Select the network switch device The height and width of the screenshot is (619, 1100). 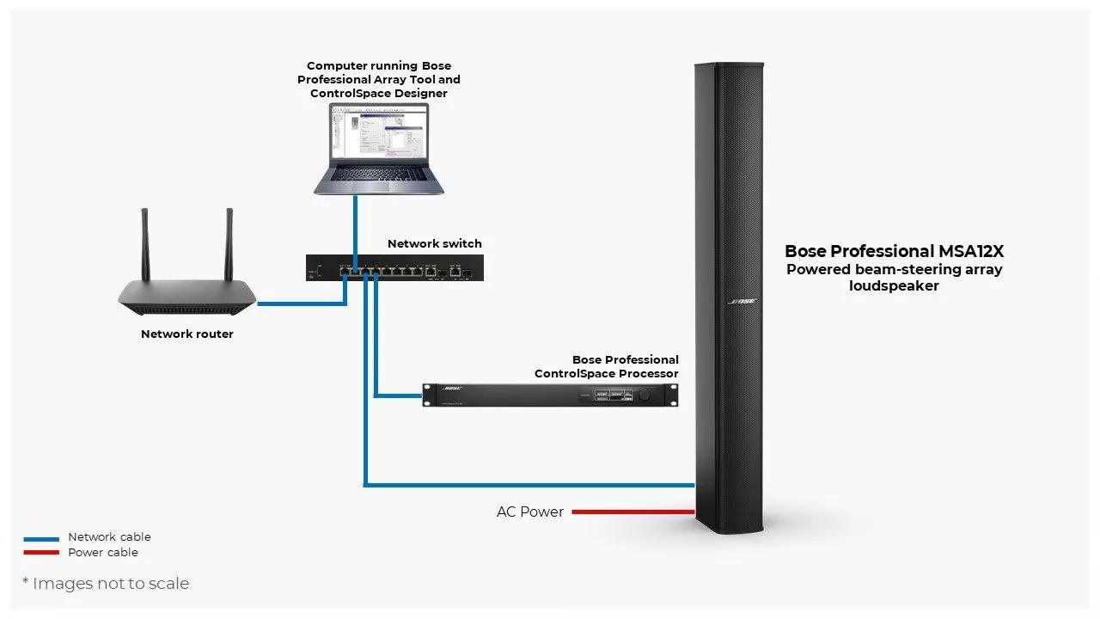tap(394, 268)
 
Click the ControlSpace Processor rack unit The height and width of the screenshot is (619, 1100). tap(550, 395)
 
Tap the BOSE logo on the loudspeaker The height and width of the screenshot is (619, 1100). tap(742, 302)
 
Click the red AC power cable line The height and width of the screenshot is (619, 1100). tap(632, 512)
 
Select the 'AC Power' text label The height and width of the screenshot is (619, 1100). tap(529, 512)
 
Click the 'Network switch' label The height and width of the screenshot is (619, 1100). tap(434, 243)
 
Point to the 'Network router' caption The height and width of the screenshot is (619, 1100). tap(186, 334)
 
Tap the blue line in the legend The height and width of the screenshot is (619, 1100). tap(41, 538)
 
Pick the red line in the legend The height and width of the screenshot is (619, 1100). tap(41, 553)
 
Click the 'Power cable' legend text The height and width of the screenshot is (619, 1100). tap(102, 553)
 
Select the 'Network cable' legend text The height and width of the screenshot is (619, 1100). tap(109, 537)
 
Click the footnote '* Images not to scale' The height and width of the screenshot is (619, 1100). tap(106, 584)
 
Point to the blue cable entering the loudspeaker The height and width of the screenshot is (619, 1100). tap(602, 486)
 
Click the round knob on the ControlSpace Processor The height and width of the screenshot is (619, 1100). tap(644, 395)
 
